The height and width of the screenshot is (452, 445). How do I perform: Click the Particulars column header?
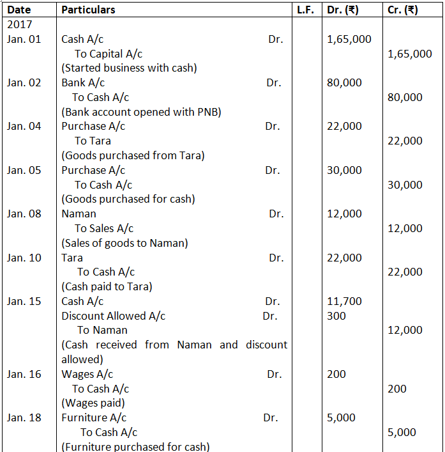point(88,10)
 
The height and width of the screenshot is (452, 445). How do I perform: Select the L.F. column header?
point(305,10)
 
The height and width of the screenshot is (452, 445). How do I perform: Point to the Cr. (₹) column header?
point(403,10)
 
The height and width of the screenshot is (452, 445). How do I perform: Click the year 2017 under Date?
point(19,25)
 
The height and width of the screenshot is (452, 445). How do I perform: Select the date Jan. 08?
point(24,214)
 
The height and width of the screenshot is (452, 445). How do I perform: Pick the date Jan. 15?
point(24,301)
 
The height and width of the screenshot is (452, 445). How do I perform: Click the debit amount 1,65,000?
point(349,40)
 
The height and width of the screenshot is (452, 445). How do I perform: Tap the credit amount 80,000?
point(405,98)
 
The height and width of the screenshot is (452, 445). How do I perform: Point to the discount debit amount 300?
point(336,316)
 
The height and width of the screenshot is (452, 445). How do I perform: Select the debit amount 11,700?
point(344,301)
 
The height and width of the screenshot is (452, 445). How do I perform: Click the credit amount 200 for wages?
point(396,389)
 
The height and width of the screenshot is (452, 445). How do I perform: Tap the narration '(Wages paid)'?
point(93,403)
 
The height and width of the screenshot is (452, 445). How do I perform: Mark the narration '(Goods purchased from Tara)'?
point(133,155)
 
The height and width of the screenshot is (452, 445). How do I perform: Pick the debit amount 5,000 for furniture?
point(341,417)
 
